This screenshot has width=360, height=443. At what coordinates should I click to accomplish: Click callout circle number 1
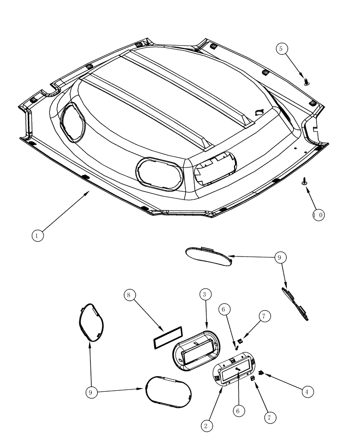pos(38,236)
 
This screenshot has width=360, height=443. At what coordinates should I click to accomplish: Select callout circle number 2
pos(206,426)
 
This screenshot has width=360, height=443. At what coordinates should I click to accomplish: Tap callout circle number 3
pos(205,294)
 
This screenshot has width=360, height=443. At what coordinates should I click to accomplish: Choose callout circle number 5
pos(282,49)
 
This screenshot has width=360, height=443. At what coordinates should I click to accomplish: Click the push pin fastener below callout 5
pos(307,81)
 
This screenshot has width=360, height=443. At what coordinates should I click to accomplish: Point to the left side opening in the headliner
pos(72,122)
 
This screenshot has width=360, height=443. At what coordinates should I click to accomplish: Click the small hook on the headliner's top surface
pos(259,113)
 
